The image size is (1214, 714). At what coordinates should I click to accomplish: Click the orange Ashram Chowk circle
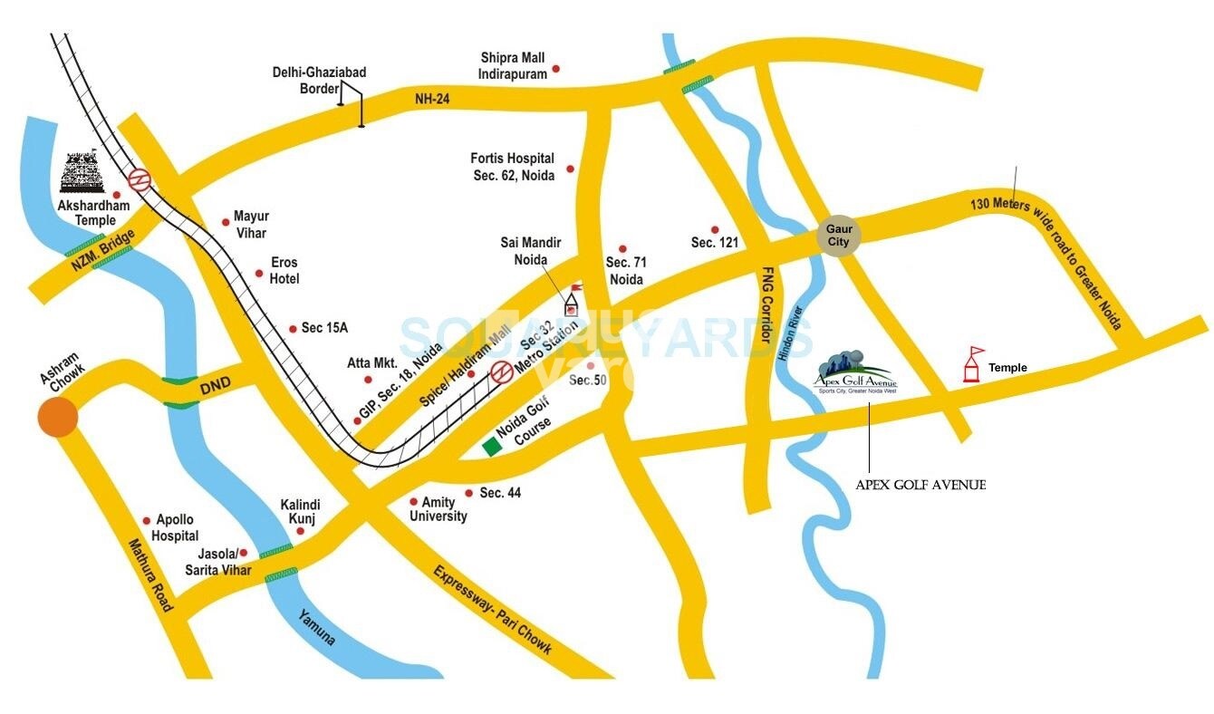pyautogui.click(x=58, y=418)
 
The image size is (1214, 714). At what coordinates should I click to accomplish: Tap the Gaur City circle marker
pyautogui.click(x=839, y=235)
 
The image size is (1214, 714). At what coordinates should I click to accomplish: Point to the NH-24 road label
pyautogui.click(x=432, y=98)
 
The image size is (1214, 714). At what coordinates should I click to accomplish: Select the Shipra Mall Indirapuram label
pyautogui.click(x=514, y=65)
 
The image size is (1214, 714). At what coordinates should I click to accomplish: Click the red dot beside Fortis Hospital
pyautogui.click(x=570, y=169)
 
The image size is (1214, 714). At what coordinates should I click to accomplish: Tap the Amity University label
pyautogui.click(x=438, y=509)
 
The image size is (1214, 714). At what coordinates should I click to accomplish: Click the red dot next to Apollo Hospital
pyautogui.click(x=147, y=521)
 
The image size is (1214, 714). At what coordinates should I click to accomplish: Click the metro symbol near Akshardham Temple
pyautogui.click(x=140, y=178)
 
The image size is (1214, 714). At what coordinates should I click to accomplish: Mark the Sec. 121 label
pyautogui.click(x=716, y=242)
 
